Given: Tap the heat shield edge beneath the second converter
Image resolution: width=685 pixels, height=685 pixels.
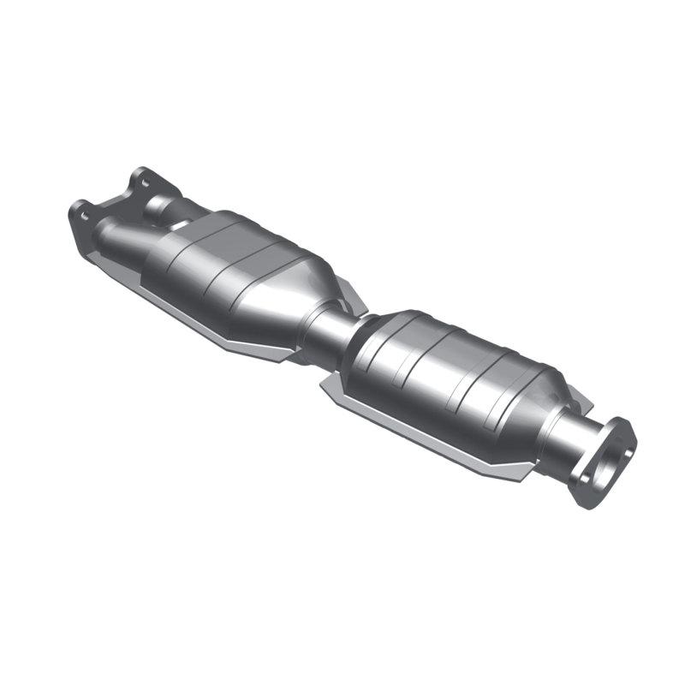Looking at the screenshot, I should coord(428,445).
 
